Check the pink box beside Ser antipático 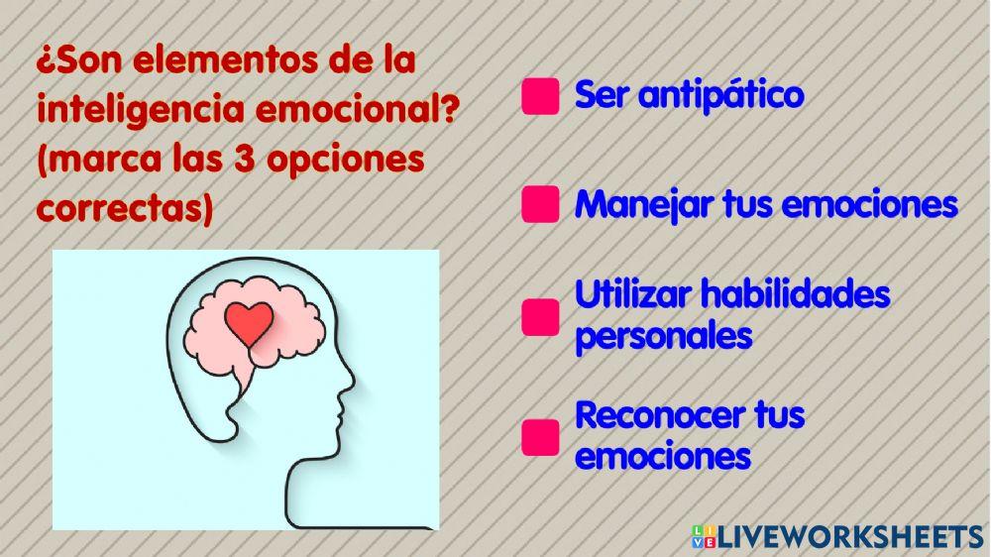coord(540,97)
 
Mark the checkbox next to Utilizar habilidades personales coord(540,316)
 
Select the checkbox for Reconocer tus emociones coord(540,436)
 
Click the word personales coord(663,336)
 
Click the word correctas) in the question coord(125,209)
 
